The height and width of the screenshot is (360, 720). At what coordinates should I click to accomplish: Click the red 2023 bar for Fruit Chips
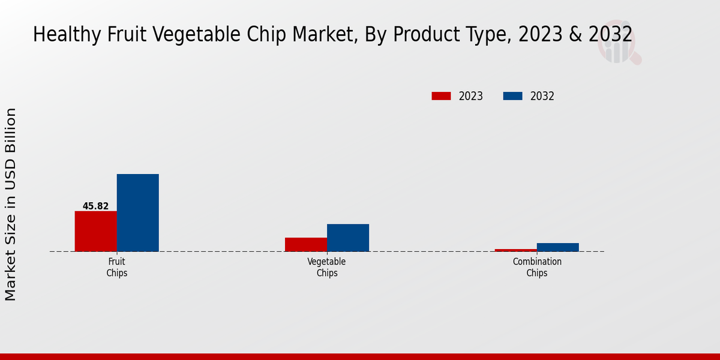coord(95,231)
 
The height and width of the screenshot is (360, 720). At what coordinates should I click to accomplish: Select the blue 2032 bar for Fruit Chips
coord(137,212)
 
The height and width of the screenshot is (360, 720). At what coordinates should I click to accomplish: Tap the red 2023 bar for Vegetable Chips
coord(306,244)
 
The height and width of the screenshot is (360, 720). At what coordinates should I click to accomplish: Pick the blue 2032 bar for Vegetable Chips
coord(348,238)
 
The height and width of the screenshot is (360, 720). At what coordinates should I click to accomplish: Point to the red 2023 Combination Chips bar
coord(516,250)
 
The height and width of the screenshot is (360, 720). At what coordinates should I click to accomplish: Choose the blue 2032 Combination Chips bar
coord(558,247)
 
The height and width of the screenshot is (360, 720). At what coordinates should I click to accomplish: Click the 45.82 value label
coord(95,206)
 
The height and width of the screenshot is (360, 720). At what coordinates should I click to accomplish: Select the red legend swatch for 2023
coord(441,96)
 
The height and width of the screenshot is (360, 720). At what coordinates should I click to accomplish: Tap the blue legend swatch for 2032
coord(512,96)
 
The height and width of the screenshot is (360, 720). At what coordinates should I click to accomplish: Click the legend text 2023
coord(471,96)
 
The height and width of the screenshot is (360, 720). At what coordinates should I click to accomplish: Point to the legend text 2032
coord(542,96)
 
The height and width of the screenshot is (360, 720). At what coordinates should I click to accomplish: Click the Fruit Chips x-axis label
coord(117,267)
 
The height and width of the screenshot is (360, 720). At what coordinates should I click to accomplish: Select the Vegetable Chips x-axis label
coord(327,267)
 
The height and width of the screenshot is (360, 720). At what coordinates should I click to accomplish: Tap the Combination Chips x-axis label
coord(537,267)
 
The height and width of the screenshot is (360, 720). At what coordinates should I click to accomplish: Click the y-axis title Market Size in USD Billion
coord(11,204)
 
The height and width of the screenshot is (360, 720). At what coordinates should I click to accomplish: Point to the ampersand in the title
coord(574,35)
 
